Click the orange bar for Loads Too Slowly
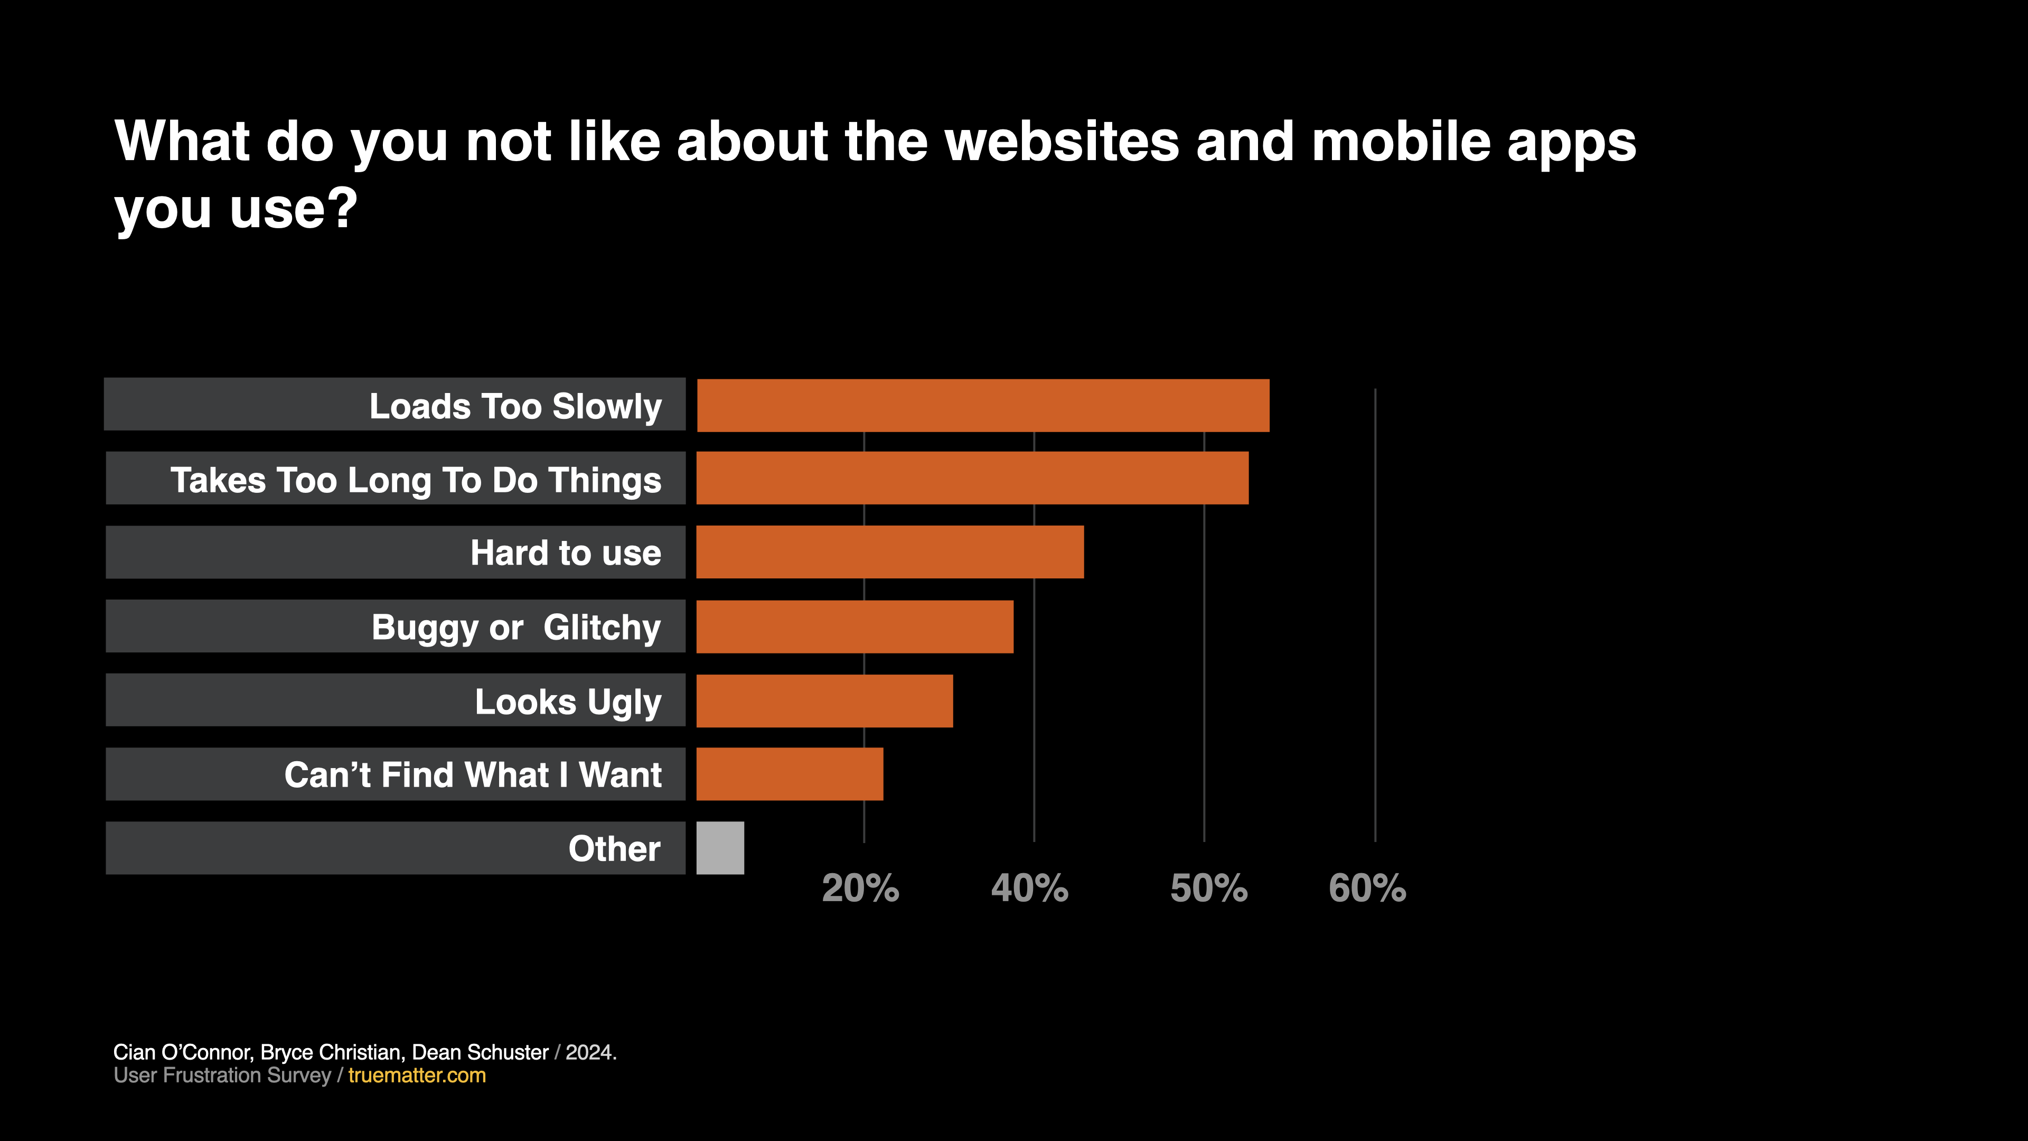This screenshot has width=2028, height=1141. click(982, 406)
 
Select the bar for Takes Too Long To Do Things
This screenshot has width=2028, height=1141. click(972, 478)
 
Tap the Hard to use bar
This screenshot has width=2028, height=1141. click(889, 552)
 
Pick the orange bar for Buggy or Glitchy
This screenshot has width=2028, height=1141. click(854, 627)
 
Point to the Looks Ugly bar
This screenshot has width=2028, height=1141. click(824, 701)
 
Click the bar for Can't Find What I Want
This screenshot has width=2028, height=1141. click(790, 774)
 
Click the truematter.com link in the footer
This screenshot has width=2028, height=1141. click(417, 1075)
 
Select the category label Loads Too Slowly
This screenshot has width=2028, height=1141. click(515, 406)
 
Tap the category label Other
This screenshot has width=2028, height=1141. click(614, 849)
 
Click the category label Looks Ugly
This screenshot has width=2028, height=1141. click(568, 702)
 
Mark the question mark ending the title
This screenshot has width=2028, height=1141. click(343, 209)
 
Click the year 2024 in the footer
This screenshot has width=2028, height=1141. click(589, 1053)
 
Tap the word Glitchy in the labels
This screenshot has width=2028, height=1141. click(602, 628)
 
